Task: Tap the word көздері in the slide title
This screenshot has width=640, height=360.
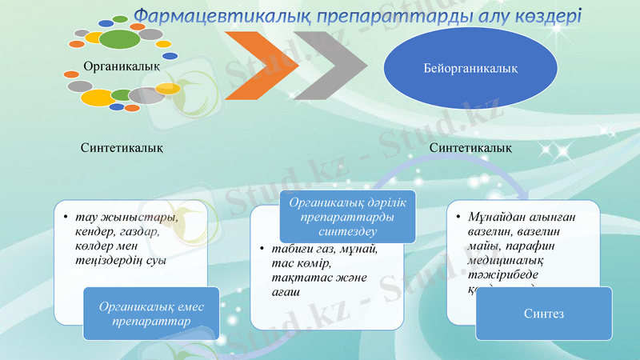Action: [x=547, y=16]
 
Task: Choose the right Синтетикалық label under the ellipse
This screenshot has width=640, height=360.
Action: [x=471, y=147]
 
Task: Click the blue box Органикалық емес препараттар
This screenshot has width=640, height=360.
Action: [x=150, y=313]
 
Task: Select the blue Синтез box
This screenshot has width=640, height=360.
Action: [x=544, y=314]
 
